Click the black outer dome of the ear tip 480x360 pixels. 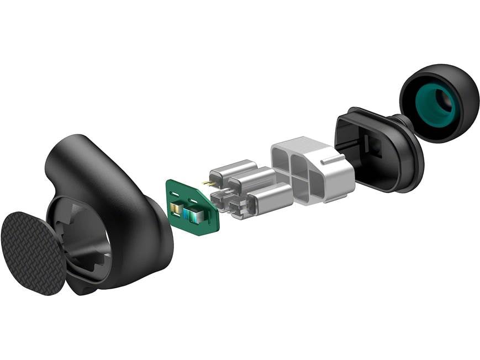pyautogui.click(x=464, y=88)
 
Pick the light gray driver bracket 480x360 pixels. pyautogui.click(x=312, y=171)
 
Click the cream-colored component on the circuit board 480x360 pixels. pyautogui.click(x=176, y=208)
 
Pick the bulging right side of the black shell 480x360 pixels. pyautogui.click(x=149, y=232)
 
